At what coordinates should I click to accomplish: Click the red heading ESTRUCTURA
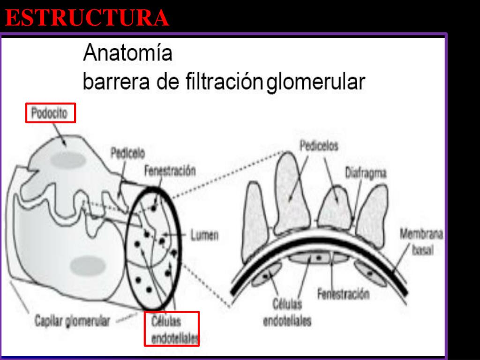pyautogui.click(x=87, y=18)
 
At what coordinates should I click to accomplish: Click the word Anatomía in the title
pyautogui.click(x=127, y=53)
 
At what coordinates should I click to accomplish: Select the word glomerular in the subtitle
pyautogui.click(x=315, y=82)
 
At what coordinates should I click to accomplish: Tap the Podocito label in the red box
pyautogui.click(x=50, y=113)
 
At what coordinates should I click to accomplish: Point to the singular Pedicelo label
pyautogui.click(x=127, y=153)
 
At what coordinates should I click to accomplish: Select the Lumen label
pyautogui.click(x=204, y=235)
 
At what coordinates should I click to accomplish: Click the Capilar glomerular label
pyautogui.click(x=73, y=322)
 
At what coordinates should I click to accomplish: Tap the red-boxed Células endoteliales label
pyautogui.click(x=172, y=329)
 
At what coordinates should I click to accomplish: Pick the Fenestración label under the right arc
pyautogui.click(x=343, y=294)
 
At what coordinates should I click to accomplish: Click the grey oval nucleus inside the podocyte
pyautogui.click(x=68, y=160)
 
